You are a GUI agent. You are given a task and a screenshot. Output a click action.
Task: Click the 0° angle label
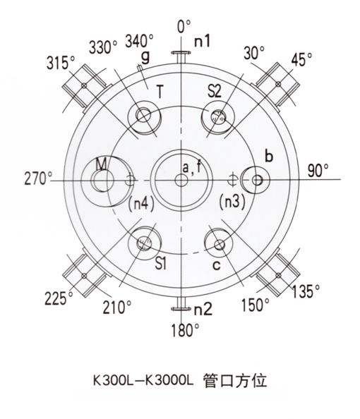[184, 26]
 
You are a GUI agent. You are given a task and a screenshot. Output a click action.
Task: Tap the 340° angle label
[139, 41]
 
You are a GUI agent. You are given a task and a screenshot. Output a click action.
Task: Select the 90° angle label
[318, 171]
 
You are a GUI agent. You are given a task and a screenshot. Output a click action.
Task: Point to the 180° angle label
[186, 330]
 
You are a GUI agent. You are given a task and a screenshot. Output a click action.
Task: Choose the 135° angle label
[306, 291]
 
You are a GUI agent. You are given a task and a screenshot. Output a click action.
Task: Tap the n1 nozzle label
[202, 41]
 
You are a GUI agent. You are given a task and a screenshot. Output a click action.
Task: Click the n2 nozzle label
[203, 309]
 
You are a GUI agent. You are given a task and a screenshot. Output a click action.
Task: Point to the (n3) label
[232, 202]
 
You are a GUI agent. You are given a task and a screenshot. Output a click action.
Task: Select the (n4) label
[141, 204]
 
